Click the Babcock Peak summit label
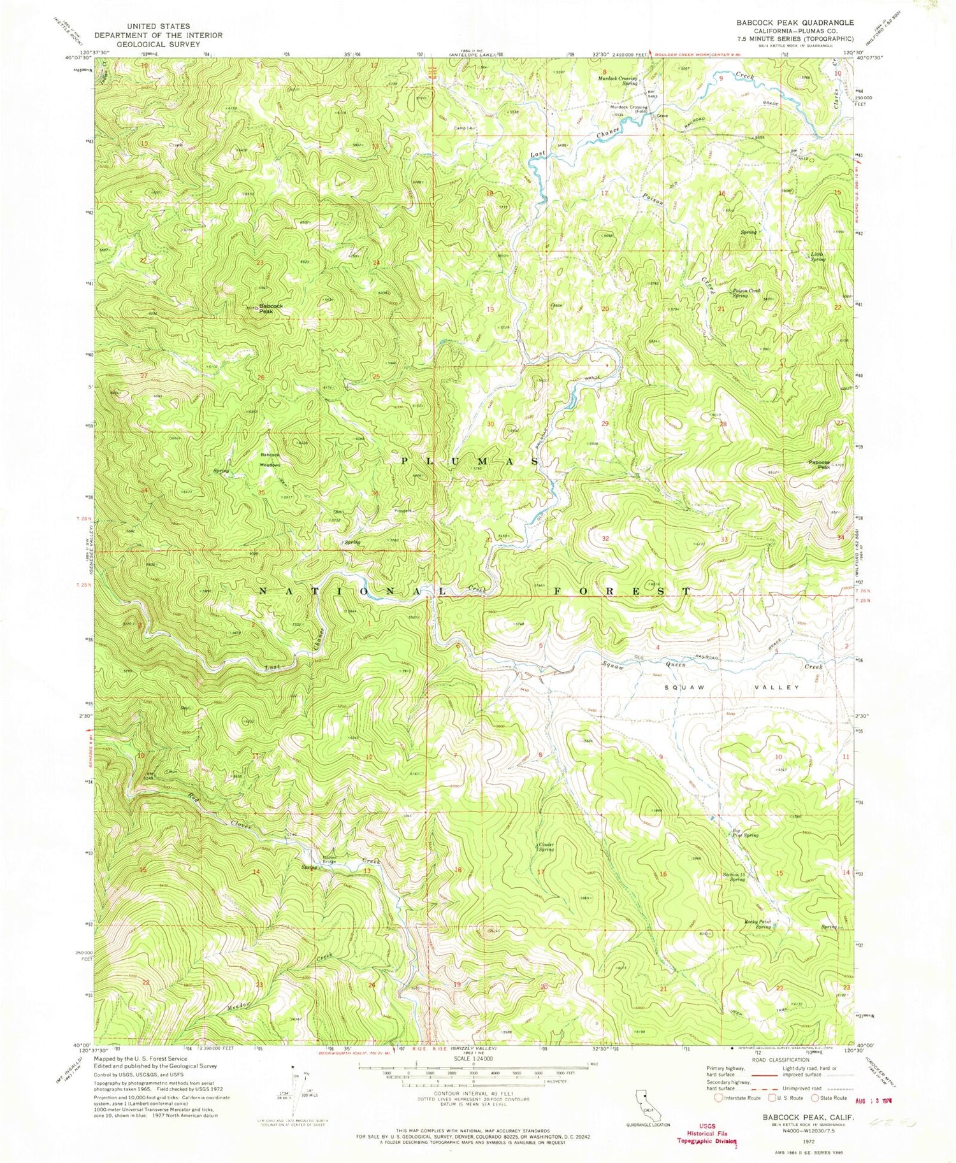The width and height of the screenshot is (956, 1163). (270, 308)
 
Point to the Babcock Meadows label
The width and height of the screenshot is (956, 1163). (270, 459)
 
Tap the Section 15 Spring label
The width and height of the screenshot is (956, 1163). (734, 876)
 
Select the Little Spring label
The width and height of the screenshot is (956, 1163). (817, 257)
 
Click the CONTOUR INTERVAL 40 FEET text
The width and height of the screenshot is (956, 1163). (467, 1092)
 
